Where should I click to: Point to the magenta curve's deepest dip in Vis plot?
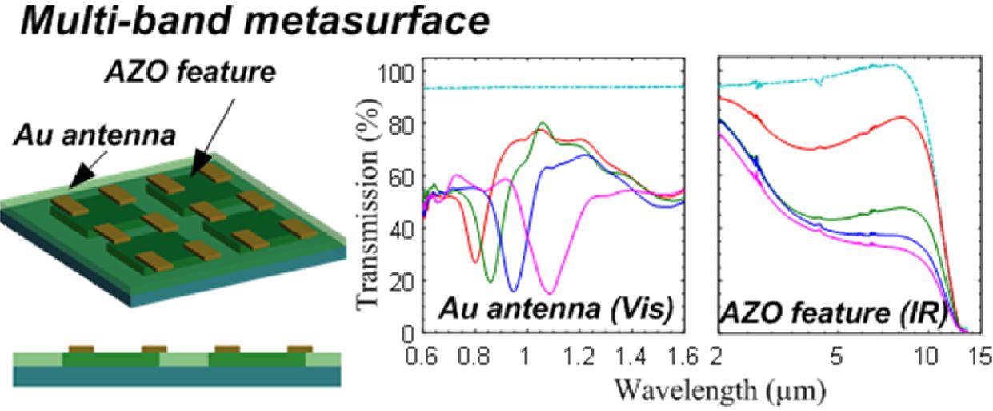click(550, 292)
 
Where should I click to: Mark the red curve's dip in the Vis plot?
click(475, 261)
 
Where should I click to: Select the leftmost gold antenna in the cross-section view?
click(80, 349)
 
